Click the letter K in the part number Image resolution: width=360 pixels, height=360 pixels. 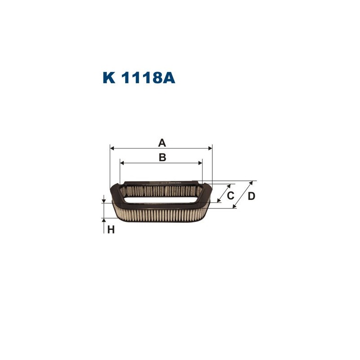coord(109,78)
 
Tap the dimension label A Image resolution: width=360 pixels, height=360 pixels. coord(162,143)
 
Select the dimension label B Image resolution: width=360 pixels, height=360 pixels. coord(162,157)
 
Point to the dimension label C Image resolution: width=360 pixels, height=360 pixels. coord(230,196)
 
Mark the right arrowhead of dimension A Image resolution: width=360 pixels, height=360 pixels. coord(210,148)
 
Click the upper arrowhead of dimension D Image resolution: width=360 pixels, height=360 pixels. coord(250,183)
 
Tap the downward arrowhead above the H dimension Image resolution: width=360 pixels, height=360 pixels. coord(104,200)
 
